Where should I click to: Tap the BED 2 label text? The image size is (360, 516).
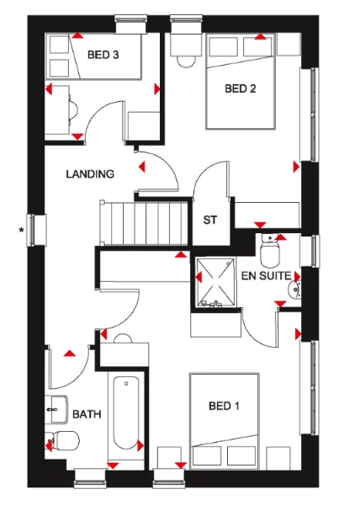click(240, 88)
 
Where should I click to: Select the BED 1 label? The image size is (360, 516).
click(224, 407)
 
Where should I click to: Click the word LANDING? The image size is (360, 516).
click(90, 174)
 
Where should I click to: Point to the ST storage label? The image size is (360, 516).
click(211, 221)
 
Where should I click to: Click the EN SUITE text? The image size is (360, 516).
click(266, 275)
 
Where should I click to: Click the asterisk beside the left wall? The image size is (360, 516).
click(21, 229)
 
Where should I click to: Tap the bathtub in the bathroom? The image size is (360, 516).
click(125, 413)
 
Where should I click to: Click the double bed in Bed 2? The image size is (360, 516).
click(241, 84)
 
